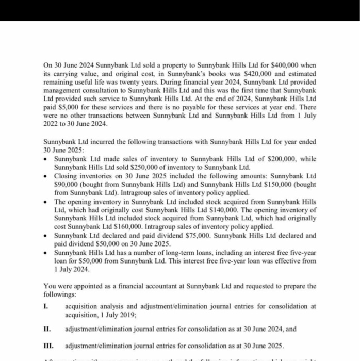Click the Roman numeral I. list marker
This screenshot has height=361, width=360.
46,306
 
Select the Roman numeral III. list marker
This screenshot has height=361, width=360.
48,345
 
